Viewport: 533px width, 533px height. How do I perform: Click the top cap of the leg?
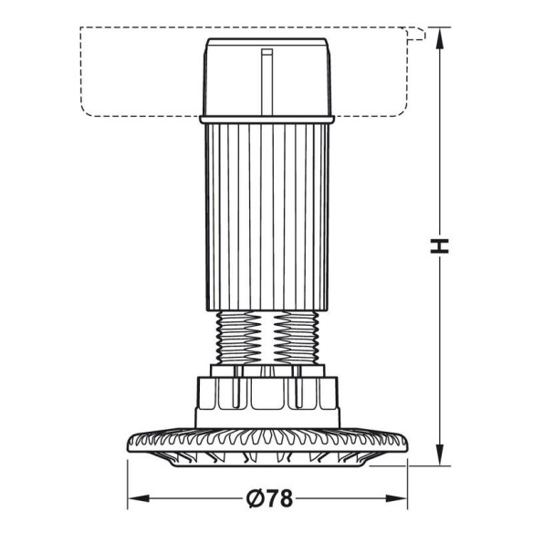[266, 78]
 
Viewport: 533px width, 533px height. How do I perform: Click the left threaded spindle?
[235, 338]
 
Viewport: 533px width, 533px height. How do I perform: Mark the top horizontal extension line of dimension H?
[436, 28]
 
